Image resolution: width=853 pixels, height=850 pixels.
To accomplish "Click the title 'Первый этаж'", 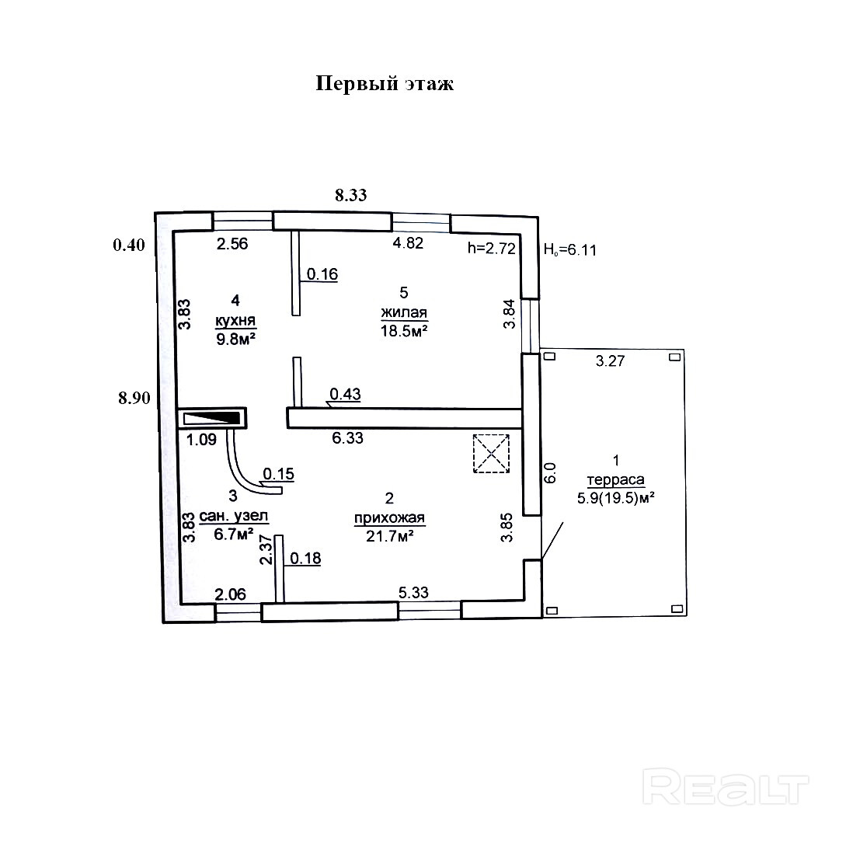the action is tap(385, 84).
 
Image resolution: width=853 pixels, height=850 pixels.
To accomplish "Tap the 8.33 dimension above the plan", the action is tap(350, 195).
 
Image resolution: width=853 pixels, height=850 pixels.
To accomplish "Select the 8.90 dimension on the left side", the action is tap(134, 399).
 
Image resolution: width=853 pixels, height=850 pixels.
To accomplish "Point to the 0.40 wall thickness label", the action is tap(129, 246).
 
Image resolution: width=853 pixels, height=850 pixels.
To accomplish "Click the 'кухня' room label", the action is tap(235, 319).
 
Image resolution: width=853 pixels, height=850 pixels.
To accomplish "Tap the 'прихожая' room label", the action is tap(390, 518).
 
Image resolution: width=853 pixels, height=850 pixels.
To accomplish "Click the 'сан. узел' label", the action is tap(234, 516).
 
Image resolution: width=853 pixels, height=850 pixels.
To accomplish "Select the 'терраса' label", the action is tap(616, 479).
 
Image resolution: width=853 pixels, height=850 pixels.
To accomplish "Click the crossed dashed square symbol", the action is tap(491, 453).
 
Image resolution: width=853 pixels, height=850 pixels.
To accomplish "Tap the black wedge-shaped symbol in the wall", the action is tap(211, 418).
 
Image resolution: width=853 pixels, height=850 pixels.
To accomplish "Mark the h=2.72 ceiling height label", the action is tap(490, 249).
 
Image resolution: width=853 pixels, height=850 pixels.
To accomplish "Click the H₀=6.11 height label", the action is tap(569, 249).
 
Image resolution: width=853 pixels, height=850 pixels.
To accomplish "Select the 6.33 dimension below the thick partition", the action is tap(347, 438).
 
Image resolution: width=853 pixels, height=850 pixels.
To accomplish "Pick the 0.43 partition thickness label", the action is tap(345, 394).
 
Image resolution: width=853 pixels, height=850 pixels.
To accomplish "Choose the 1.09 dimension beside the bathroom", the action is tap(201, 440).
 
